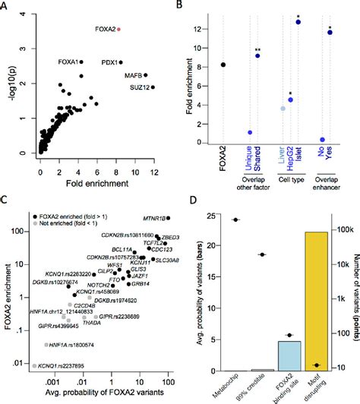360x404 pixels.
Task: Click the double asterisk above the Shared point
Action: click(258, 48)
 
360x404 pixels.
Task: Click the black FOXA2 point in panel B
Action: click(223, 65)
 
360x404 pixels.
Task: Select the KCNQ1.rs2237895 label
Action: click(66, 365)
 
